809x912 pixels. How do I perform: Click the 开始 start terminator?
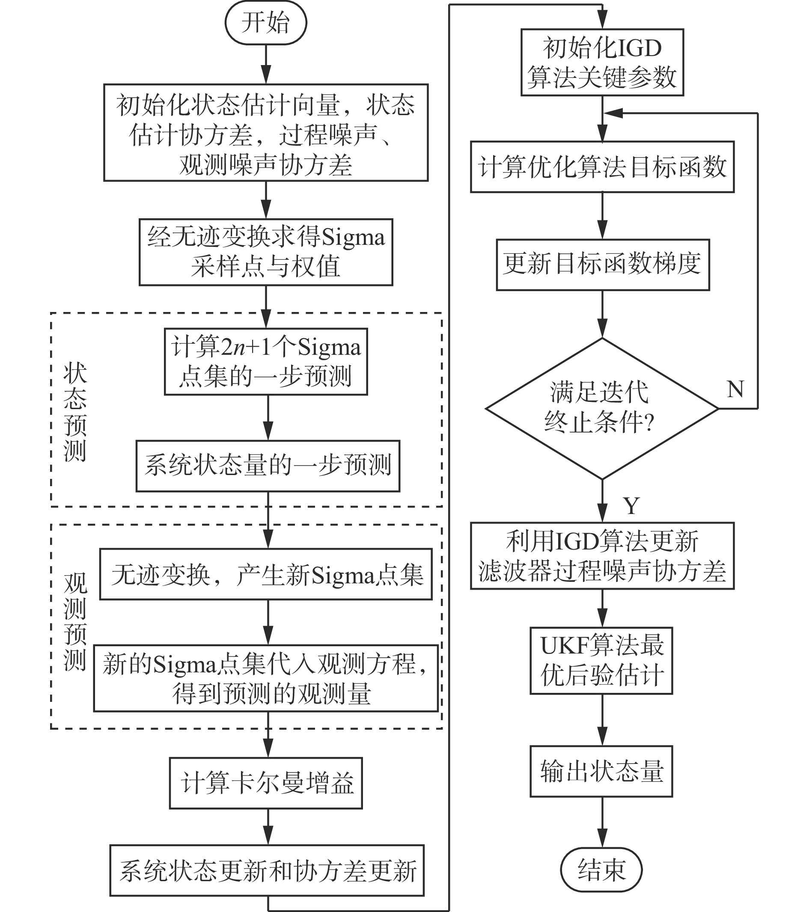pyautogui.click(x=265, y=23)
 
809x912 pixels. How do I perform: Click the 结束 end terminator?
pyautogui.click(x=601, y=869)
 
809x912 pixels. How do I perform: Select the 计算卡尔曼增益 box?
pyautogui.click(x=266, y=783)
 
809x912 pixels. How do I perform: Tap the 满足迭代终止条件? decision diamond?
pyautogui.click(x=602, y=408)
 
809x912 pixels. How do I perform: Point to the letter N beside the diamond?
pyautogui.click(x=735, y=389)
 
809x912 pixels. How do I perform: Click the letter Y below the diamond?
pyautogui.click(x=631, y=506)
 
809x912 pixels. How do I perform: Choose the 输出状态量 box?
pyautogui.click(x=601, y=771)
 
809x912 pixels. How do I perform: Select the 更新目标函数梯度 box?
pyautogui.click(x=602, y=264)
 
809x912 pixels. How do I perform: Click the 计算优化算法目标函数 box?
pyautogui.click(x=602, y=167)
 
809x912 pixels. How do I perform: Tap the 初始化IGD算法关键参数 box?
pyautogui.click(x=602, y=62)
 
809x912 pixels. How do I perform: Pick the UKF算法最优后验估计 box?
pyautogui.click(x=601, y=660)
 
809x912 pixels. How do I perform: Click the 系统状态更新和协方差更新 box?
pyautogui.click(x=267, y=870)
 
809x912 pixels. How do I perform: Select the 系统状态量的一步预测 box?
pyautogui.click(x=268, y=466)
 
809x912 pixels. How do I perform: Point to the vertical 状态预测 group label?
pyautogui.click(x=75, y=411)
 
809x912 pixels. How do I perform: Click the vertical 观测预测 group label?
pyautogui.click(x=75, y=621)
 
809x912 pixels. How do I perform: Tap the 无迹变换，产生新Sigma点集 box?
pyautogui.click(x=266, y=574)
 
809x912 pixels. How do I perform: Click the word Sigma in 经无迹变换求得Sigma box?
pyautogui.click(x=353, y=237)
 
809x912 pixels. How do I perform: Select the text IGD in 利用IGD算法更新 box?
pyautogui.click(x=576, y=541)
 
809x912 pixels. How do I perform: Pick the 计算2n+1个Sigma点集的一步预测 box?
pyautogui.click(x=266, y=361)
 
